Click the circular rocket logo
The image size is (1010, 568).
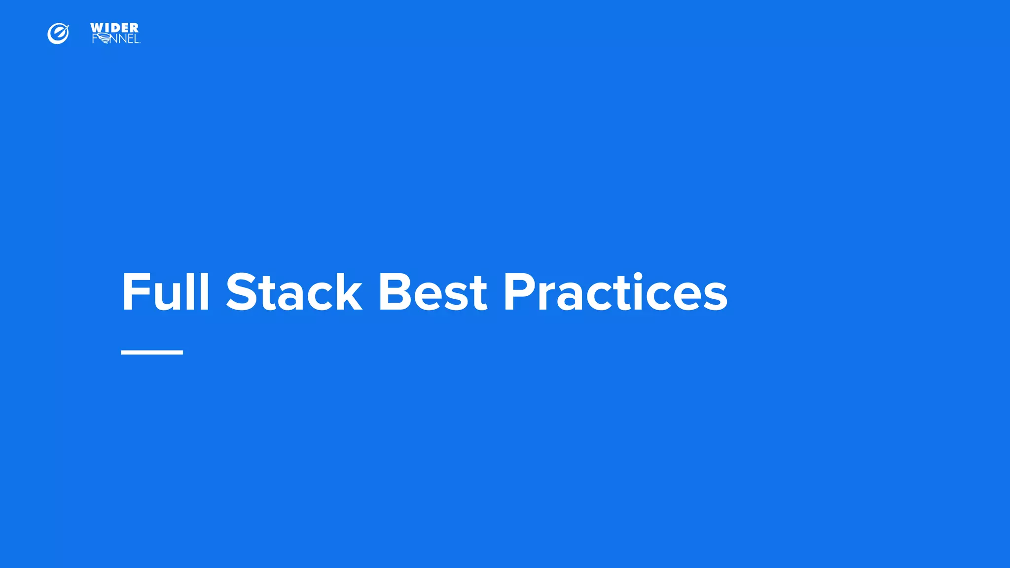click(x=58, y=34)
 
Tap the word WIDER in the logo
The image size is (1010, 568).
click(x=114, y=28)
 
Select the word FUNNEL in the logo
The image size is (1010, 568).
click(x=116, y=39)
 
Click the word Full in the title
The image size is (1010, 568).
click(x=166, y=292)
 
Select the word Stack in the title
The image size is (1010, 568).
click(x=294, y=292)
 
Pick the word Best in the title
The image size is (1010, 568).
click(x=433, y=292)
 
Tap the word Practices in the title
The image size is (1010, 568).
click(x=615, y=292)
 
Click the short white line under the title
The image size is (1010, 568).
click(x=152, y=352)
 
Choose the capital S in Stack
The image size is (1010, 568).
click(x=242, y=292)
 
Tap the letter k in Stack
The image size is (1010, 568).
click(x=347, y=292)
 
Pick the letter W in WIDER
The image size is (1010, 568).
click(x=97, y=28)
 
